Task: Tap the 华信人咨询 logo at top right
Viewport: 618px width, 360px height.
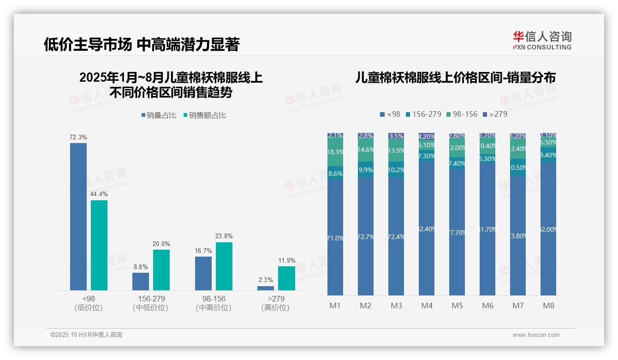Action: click(x=542, y=40)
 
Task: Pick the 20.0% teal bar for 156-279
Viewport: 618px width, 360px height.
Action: click(x=161, y=270)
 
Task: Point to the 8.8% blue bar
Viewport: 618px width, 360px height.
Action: click(x=141, y=281)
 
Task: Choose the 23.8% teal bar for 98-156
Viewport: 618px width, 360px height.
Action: click(x=224, y=266)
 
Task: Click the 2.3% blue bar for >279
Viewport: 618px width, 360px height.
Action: click(x=266, y=288)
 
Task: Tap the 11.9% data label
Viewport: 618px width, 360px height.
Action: click(x=286, y=261)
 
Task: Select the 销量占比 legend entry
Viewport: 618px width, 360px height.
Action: click(x=159, y=115)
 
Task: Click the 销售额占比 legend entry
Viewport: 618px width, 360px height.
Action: click(x=205, y=115)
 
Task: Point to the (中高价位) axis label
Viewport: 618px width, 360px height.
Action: click(x=214, y=308)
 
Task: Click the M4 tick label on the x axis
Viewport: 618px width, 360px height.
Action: click(x=427, y=306)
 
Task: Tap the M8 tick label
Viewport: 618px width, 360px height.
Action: click(x=548, y=306)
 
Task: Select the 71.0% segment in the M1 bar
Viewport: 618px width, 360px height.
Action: click(x=335, y=238)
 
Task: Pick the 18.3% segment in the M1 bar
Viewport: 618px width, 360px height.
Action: click(x=335, y=152)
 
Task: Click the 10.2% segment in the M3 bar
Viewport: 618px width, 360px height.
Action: click(x=396, y=170)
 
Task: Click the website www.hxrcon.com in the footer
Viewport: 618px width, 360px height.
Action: click(x=535, y=335)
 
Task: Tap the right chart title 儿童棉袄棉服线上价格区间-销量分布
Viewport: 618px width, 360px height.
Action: click(x=455, y=78)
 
